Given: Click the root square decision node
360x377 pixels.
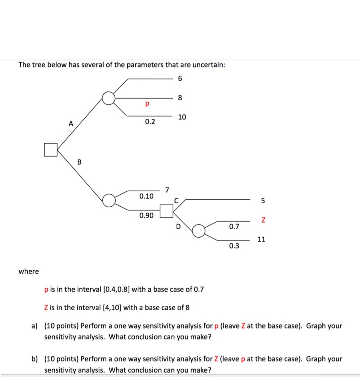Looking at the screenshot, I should pos(50,150).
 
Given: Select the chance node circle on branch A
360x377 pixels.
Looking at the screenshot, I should pos(109,98).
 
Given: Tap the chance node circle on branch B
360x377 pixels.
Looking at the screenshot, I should pos(109,200).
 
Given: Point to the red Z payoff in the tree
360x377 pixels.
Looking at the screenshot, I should pos(262,220).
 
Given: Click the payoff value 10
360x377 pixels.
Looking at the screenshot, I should pos(182,117).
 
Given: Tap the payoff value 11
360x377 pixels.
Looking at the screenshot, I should pos(261,239).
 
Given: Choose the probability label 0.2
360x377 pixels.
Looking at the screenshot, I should pos(150,122).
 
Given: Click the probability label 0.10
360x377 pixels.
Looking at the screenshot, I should pos(146,196).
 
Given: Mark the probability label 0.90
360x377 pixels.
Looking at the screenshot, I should pos(146,215).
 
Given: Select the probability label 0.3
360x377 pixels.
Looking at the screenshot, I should pos(234,246).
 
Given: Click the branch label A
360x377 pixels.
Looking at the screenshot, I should pos(70,124).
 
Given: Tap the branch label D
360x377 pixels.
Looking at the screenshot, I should pos(178,226).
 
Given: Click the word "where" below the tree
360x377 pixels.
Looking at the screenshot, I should pos(29,271).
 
